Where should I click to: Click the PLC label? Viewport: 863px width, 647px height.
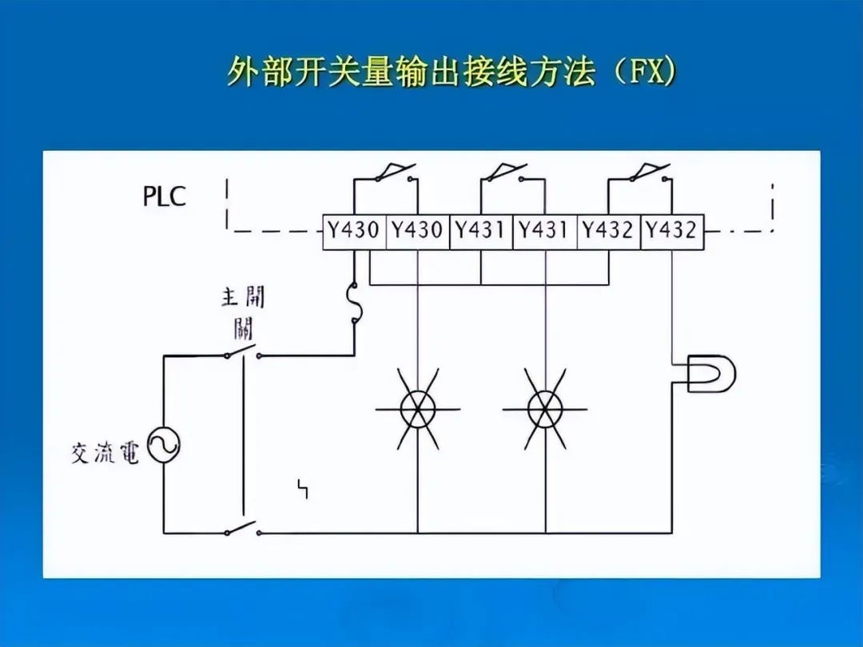click(165, 196)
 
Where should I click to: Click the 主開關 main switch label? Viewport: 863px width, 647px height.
click(242, 312)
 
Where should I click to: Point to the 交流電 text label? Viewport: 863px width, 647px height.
click(105, 454)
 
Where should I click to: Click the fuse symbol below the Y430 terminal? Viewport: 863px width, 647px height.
click(352, 304)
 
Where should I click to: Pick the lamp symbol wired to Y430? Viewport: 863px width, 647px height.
click(417, 409)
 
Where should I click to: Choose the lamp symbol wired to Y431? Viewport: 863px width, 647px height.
click(545, 409)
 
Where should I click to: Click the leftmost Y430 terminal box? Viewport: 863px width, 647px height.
click(354, 231)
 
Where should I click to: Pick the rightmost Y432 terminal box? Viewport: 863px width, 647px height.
click(671, 231)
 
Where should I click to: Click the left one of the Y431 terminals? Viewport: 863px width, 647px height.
click(481, 231)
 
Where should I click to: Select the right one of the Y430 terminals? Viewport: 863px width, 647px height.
click(417, 231)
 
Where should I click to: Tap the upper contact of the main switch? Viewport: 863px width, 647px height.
click(242, 354)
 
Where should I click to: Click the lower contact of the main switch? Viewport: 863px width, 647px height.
click(242, 530)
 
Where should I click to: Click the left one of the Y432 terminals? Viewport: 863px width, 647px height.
click(608, 231)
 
